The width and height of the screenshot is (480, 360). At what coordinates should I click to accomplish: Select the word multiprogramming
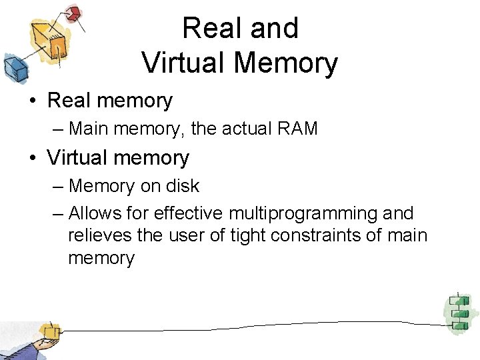click(303, 213)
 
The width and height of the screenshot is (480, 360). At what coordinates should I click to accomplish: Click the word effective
click(189, 213)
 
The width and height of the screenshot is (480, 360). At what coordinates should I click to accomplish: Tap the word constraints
click(315, 235)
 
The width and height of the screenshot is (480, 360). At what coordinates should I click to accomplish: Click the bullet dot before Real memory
click(32, 101)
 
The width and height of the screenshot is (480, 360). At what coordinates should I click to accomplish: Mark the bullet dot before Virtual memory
click(32, 159)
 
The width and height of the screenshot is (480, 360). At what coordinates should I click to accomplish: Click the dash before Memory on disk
click(57, 186)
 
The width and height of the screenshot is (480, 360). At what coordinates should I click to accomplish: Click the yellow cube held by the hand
click(49, 330)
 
